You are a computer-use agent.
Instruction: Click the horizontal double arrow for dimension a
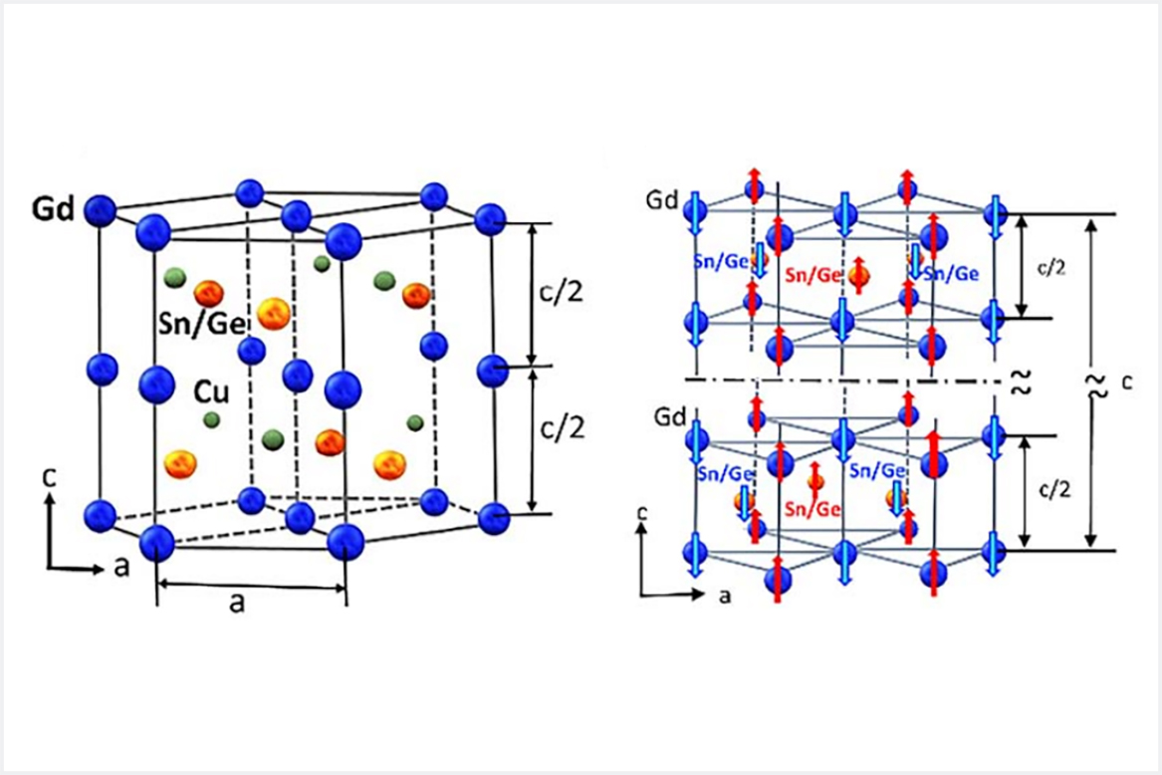pyautogui.click(x=252, y=585)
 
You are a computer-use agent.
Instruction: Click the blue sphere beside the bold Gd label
pyautogui.click(x=100, y=210)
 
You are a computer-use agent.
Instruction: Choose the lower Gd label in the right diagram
pyautogui.click(x=665, y=412)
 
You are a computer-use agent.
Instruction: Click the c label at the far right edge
pyautogui.click(x=1124, y=380)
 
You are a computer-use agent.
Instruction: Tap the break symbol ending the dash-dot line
pyautogui.click(x=1019, y=381)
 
